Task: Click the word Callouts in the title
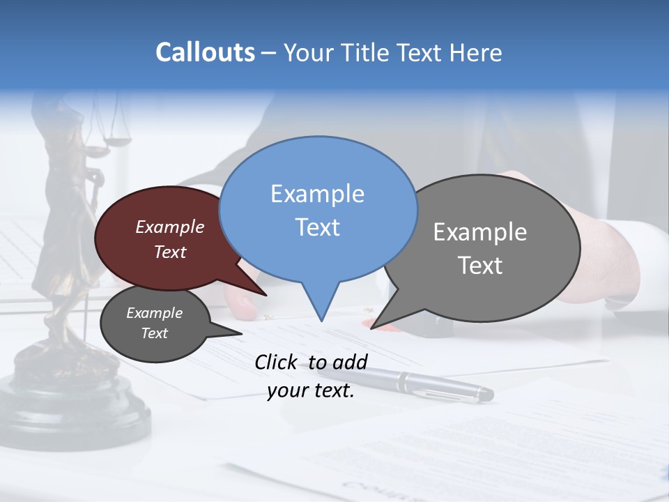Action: (205, 52)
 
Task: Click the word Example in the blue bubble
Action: (317, 194)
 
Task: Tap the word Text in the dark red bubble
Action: (170, 252)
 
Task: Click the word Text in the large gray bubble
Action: (480, 266)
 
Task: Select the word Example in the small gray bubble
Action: (154, 313)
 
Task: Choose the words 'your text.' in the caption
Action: (311, 391)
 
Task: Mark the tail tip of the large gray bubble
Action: (373, 327)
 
